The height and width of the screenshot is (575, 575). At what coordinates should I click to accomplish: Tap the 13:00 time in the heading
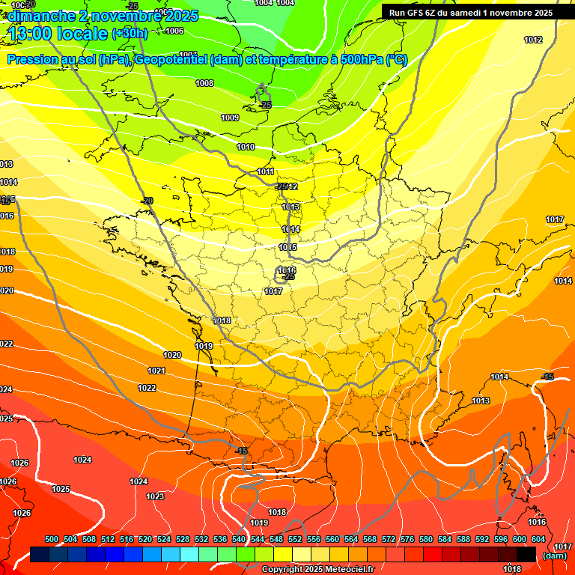click(x=35, y=33)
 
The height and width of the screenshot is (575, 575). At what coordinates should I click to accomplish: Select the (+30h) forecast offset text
click(x=130, y=33)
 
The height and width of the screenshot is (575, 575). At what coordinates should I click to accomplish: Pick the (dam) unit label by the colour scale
click(x=554, y=556)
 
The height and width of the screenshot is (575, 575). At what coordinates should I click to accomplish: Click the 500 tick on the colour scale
click(x=52, y=540)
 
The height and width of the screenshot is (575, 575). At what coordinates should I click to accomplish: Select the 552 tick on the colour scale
click(x=294, y=540)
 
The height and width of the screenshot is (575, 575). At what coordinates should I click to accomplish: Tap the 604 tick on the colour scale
click(x=538, y=540)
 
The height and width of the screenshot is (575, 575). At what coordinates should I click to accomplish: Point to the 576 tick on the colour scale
click(x=407, y=540)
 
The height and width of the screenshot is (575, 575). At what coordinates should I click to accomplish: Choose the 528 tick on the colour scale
click(x=183, y=540)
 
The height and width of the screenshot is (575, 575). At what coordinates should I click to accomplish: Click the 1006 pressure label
click(x=174, y=31)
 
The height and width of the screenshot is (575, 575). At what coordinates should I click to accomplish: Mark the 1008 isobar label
click(x=204, y=83)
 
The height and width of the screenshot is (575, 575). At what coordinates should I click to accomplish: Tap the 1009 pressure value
click(x=230, y=118)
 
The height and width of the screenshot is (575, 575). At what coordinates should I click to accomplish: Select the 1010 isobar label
click(x=246, y=147)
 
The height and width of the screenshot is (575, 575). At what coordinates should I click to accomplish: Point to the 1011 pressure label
click(x=266, y=171)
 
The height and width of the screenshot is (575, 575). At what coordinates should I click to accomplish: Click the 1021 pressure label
click(x=156, y=371)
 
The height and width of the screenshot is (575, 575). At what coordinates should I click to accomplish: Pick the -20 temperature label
click(x=147, y=201)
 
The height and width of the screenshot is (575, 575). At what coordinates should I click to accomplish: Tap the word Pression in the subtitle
click(x=31, y=60)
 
